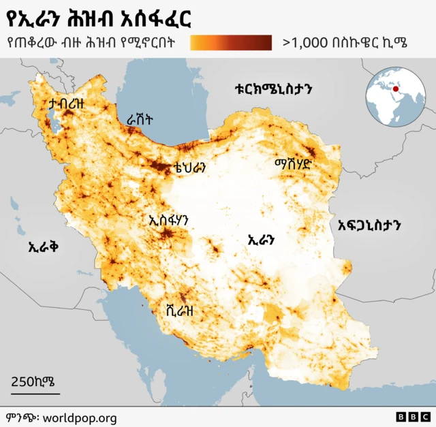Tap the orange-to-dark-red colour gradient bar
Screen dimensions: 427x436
[231, 43]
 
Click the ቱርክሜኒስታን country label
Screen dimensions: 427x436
[272, 90]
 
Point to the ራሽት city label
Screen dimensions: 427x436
[140, 119]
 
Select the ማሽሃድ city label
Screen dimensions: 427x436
[293, 165]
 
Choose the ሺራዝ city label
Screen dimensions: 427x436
[181, 311]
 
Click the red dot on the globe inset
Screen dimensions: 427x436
[394, 89]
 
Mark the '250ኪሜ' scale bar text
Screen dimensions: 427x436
[33, 381]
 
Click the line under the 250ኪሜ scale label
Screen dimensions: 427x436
[35, 393]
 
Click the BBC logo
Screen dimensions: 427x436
[413, 417]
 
